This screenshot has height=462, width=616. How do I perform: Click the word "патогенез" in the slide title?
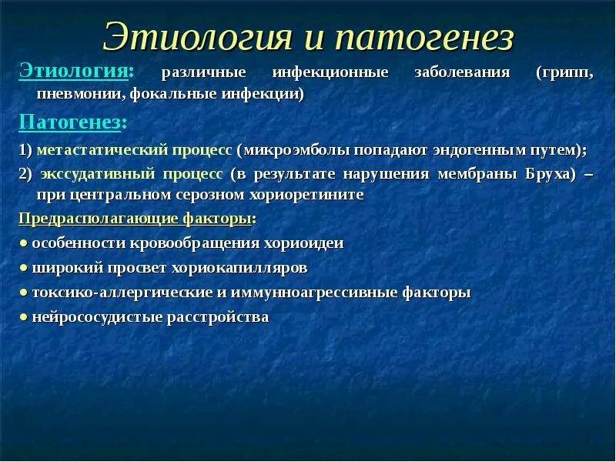click(x=425, y=38)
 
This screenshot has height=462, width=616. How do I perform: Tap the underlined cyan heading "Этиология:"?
click(x=76, y=72)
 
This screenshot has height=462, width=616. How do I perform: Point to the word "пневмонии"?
click(x=82, y=95)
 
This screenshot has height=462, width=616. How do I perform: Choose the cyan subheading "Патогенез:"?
click(x=73, y=122)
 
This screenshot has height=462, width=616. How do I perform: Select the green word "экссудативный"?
click(x=98, y=174)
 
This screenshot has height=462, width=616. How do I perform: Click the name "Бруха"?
click(x=550, y=174)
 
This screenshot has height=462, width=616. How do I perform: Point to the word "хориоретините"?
click(x=306, y=196)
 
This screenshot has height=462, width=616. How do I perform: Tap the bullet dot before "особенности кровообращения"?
click(x=24, y=244)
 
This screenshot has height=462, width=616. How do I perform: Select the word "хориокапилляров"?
click(x=239, y=268)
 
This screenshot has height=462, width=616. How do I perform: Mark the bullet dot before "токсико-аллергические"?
click(x=24, y=293)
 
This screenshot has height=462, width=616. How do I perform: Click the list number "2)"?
click(x=25, y=175)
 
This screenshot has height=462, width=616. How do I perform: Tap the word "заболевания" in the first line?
click(x=463, y=72)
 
